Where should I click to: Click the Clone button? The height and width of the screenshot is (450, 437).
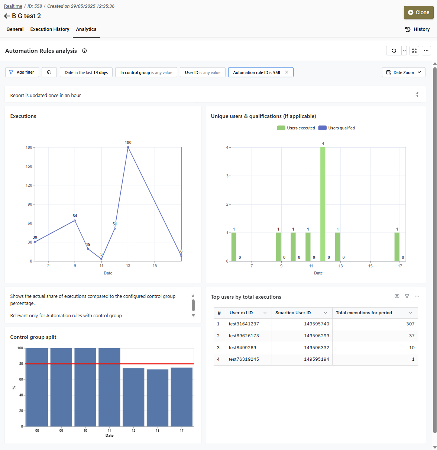418,13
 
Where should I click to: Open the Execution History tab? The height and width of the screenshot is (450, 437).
50,29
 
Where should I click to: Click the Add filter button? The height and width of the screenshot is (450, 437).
22,73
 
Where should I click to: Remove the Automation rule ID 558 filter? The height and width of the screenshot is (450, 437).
287,72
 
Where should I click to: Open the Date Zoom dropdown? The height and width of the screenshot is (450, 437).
404,73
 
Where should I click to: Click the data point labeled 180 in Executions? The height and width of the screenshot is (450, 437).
128,147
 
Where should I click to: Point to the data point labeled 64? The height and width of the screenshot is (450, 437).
75,221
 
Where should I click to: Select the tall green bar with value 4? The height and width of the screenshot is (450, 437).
323,204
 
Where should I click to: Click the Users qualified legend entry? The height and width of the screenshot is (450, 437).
336,128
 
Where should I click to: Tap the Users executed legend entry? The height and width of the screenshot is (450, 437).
296,128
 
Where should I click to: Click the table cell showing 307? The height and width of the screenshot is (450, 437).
375,324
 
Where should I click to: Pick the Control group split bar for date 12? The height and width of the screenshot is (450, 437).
133,397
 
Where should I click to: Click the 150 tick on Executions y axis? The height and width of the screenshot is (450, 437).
29,166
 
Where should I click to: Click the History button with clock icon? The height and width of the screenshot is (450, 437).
417,29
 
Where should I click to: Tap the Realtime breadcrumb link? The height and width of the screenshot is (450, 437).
13,6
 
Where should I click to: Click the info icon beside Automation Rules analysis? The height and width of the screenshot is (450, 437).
85,51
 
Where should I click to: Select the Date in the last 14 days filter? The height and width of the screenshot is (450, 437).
86,73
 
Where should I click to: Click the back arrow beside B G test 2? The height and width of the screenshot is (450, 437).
7,16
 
